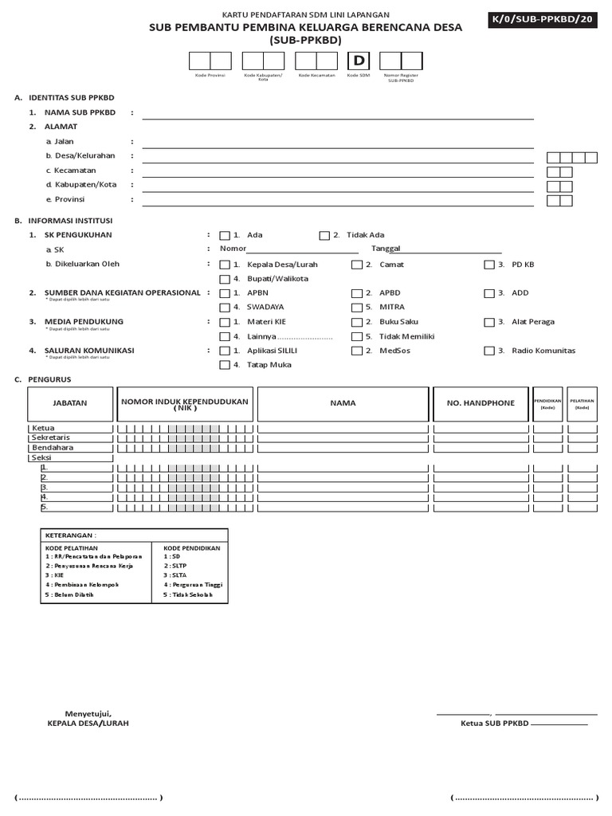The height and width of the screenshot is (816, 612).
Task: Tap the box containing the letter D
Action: [359, 61]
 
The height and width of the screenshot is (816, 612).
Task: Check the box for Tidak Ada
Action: [324, 235]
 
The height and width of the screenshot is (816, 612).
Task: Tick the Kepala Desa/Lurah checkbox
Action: [225, 265]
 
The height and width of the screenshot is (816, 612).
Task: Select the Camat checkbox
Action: [356, 265]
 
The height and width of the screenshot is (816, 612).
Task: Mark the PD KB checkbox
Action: [488, 265]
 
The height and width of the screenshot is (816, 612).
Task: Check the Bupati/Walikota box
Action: [225, 279]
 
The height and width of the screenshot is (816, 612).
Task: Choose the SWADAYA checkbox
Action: [225, 308]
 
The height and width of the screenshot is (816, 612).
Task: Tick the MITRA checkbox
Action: [356, 308]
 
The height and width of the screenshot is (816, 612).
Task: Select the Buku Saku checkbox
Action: [356, 323]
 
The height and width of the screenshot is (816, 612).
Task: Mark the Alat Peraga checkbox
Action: [488, 323]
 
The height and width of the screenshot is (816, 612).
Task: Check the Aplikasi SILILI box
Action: [225, 351]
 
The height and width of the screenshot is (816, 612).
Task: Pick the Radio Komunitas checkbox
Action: [488, 351]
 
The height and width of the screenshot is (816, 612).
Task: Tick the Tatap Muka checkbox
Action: [225, 365]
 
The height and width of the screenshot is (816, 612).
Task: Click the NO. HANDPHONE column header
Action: [481, 403]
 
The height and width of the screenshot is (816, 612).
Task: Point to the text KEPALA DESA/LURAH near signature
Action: [88, 723]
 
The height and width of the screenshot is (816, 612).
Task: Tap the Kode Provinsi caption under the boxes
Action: [210, 75]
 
